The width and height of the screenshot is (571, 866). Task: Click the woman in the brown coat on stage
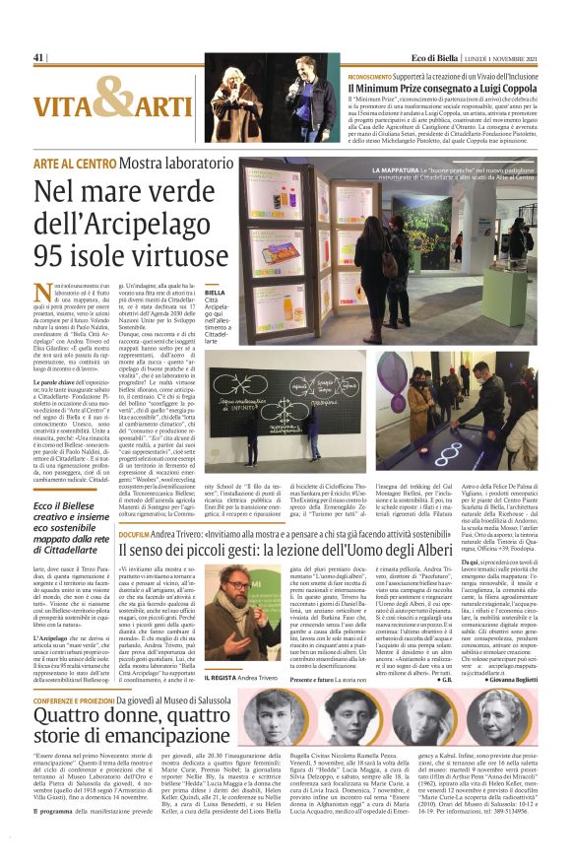click(x=235, y=109)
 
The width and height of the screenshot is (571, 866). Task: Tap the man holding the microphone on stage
click(x=301, y=99)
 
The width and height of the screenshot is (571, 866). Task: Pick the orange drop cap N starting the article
click(x=42, y=294)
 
